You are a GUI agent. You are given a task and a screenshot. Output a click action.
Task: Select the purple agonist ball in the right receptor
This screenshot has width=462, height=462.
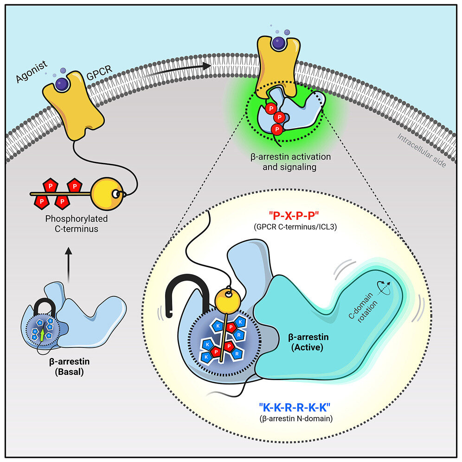click(279, 43)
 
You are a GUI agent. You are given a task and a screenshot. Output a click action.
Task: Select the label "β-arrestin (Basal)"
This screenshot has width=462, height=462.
click(68, 366)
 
